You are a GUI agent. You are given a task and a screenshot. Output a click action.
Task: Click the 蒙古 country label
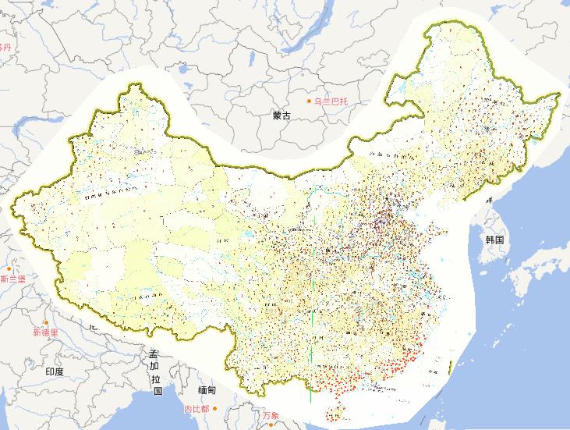pos(281,115)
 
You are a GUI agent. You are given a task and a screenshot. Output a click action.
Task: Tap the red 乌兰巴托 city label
pos(334,101)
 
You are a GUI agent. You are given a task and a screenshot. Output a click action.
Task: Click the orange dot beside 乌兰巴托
pos(310,101)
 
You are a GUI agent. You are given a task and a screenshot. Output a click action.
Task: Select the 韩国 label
pos(495,239)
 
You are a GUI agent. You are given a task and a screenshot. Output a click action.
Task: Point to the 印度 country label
pos(55,371)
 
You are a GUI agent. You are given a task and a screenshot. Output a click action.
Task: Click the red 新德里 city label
pos(45,332)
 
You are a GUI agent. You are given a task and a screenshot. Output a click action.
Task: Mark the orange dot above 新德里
pos(46,322)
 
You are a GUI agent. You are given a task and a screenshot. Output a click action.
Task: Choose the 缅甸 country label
pos(206,389)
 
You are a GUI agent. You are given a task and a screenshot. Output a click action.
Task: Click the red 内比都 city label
pos(196,409)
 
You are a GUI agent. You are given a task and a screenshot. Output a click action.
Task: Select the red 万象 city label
pos(271,414)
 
